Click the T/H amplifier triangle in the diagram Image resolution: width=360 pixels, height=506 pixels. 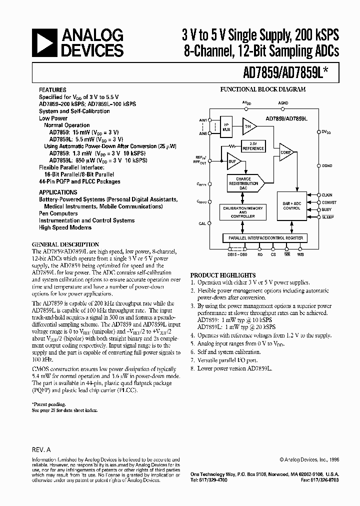[x=247, y=127]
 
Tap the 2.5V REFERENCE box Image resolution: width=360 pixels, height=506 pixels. [x=253, y=146]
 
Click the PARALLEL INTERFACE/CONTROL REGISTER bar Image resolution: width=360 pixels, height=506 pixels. [x=265, y=237]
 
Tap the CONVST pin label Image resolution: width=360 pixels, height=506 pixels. [x=329, y=202]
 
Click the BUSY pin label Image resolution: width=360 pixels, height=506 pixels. [x=327, y=210]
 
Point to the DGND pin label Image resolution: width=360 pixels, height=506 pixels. [x=326, y=165]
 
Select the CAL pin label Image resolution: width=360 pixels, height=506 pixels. [x=201, y=223]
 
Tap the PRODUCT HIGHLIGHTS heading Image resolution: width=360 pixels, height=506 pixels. [x=223, y=275]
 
